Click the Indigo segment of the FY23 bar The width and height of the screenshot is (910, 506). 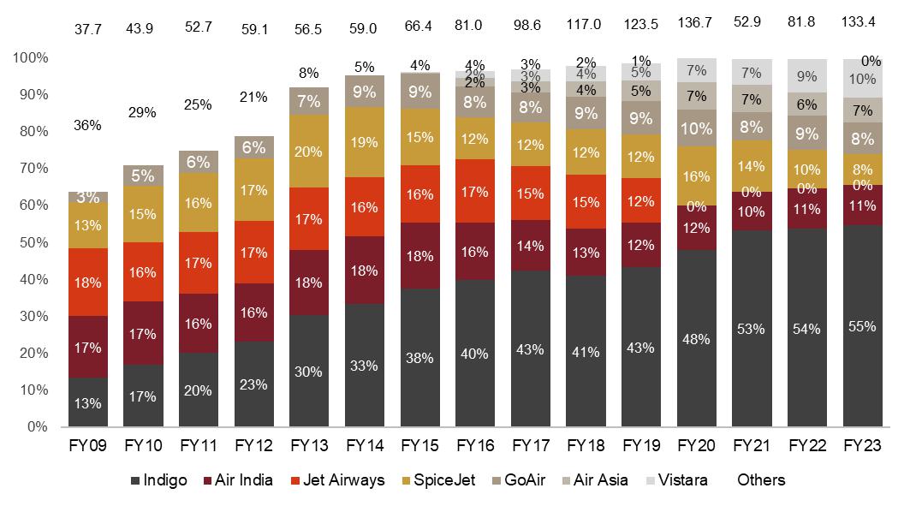coord(862,325)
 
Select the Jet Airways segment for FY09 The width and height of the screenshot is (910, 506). coord(88,283)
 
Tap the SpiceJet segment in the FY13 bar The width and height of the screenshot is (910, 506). coord(310,152)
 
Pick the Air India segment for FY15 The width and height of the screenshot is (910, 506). coord(420,256)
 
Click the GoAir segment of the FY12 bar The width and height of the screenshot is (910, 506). coord(254,147)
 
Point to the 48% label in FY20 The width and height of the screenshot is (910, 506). coord(697,339)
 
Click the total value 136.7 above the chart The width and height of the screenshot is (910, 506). coord(696,23)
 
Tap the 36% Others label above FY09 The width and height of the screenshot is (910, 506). coord(87,125)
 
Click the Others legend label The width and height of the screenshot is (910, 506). coord(761,480)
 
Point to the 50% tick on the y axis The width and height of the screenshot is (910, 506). coord(31,242)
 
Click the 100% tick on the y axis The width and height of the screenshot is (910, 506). coord(31,58)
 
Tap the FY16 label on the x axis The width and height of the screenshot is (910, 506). coord(475,446)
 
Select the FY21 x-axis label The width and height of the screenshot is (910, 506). coord(752,446)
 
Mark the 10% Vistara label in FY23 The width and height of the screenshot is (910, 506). coord(862,79)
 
